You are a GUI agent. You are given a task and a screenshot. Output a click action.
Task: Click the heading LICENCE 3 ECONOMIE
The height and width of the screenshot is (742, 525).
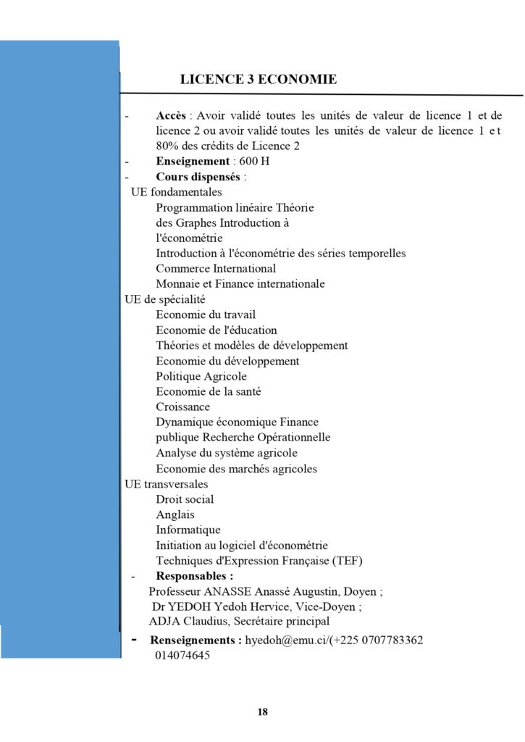[x=258, y=80]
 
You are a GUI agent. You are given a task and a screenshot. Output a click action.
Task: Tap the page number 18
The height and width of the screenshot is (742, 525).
[x=262, y=712]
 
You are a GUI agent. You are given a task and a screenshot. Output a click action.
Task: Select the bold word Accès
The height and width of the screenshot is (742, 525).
[x=171, y=116]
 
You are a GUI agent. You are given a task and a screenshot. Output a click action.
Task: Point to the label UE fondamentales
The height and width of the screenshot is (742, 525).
[x=176, y=192]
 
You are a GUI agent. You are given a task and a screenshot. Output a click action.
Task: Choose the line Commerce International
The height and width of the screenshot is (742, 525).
[x=216, y=269]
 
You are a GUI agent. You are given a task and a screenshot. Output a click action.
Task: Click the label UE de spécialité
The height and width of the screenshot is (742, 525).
[x=165, y=299]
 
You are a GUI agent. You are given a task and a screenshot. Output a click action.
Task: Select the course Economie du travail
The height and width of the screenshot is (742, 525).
[x=206, y=314]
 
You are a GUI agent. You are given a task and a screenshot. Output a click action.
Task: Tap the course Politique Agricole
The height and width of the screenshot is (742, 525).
[x=201, y=376]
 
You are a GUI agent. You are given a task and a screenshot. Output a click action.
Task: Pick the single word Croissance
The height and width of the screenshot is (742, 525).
[x=182, y=407]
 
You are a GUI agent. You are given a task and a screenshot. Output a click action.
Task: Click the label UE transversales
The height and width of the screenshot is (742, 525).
[x=166, y=484]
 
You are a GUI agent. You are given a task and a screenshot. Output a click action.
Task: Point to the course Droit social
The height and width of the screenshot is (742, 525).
[x=185, y=499]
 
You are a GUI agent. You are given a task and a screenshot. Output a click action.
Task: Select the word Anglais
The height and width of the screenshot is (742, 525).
[x=175, y=514]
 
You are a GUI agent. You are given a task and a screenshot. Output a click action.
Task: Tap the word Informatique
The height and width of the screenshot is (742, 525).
[x=188, y=530]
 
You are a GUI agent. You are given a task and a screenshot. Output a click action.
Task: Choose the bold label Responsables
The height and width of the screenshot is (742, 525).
[x=194, y=576]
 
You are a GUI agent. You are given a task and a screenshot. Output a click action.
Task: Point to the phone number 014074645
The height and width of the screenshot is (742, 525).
[x=182, y=656]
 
